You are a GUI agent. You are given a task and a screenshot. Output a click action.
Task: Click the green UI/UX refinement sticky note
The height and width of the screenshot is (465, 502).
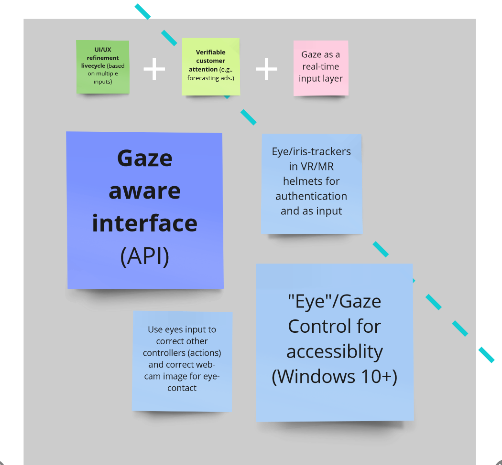click(103, 66)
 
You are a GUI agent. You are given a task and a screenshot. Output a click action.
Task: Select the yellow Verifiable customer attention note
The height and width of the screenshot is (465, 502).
click(211, 66)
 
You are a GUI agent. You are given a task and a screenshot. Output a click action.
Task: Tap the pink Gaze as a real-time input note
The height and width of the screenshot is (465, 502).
click(320, 67)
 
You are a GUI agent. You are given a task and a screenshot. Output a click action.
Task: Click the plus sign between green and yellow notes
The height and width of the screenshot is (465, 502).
click(154, 70)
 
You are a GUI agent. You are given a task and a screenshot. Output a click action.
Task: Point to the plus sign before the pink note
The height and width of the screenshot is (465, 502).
click(266, 70)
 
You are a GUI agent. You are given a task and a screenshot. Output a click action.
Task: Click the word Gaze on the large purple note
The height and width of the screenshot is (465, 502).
click(144, 158)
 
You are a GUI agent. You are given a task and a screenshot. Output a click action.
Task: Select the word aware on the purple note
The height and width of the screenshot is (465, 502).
click(144, 191)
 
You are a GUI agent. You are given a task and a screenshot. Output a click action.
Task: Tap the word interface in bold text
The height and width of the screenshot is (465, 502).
click(144, 223)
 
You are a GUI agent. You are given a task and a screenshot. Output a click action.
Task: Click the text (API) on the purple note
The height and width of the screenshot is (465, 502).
click(144, 256)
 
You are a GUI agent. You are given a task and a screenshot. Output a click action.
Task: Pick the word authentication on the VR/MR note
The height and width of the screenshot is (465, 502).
click(311, 196)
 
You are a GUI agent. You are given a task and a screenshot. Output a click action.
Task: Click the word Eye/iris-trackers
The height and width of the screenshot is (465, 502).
click(311, 152)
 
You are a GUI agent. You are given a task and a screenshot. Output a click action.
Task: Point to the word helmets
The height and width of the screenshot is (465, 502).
click(311, 181)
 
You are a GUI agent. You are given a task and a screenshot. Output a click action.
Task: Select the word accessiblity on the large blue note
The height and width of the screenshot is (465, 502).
click(335, 352)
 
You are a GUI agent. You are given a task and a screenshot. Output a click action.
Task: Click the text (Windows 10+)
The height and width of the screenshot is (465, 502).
click(335, 377)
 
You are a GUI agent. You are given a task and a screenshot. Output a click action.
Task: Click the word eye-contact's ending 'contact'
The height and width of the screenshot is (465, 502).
click(182, 388)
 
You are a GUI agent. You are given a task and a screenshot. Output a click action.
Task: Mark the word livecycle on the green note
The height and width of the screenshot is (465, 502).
click(93, 65)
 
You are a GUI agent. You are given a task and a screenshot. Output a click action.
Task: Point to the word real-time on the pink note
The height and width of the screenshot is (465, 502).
click(320, 67)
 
